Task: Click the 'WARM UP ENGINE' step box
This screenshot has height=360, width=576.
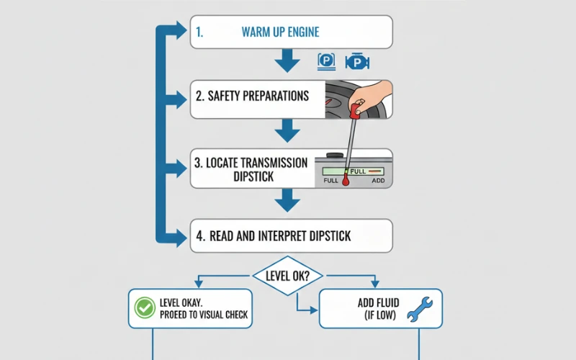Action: pos(291,32)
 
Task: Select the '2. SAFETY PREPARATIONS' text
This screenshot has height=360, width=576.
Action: pos(251,96)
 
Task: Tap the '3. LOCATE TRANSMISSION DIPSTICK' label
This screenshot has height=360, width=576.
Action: pos(251,169)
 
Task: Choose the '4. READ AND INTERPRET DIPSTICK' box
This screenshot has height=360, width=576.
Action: pos(291,235)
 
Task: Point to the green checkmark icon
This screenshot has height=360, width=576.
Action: pos(145,309)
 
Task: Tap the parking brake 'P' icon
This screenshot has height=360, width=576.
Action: pos(326,61)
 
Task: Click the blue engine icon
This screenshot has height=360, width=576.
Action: pos(356,62)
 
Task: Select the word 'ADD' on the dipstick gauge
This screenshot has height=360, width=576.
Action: pos(378,181)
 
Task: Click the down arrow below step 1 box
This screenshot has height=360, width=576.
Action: pos(287,60)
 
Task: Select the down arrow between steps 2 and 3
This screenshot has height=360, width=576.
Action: pos(287,130)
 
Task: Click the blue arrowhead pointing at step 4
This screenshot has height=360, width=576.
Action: pos(180,235)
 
